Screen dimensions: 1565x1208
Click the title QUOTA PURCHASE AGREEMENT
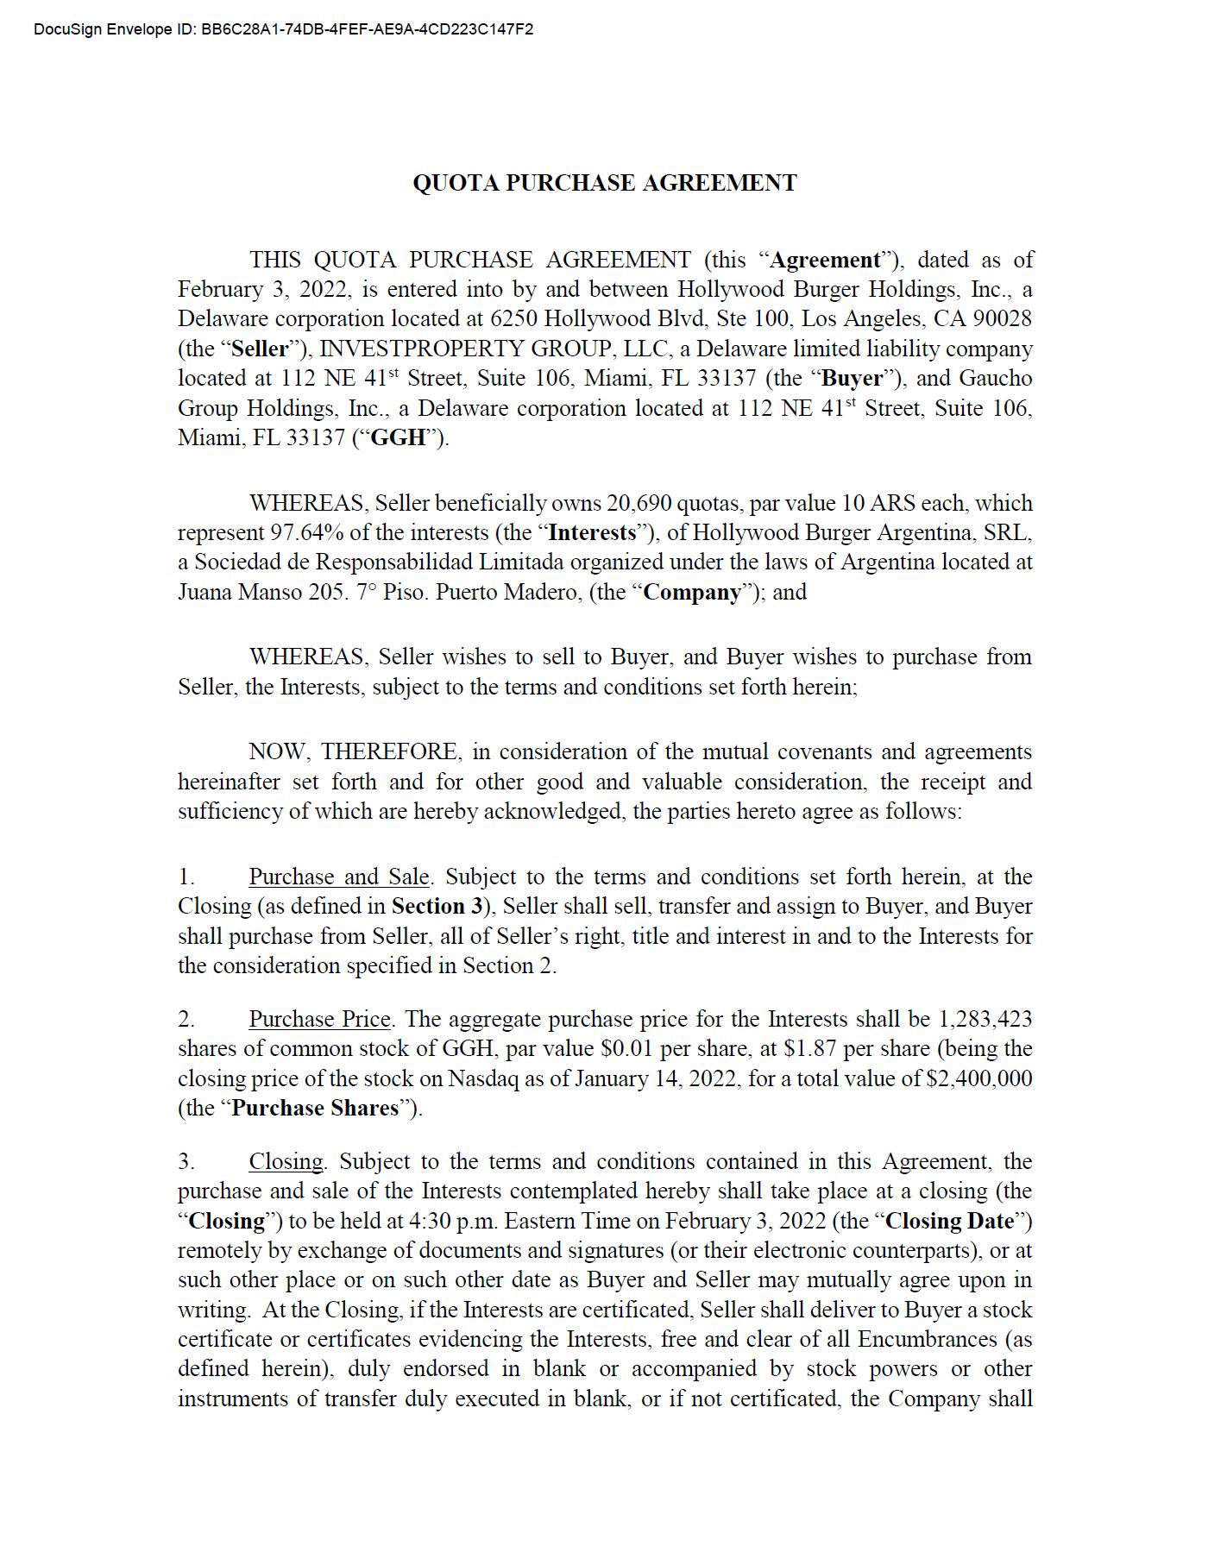[x=604, y=183]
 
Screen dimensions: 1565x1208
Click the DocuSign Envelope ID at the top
[x=283, y=29]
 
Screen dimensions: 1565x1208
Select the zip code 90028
[x=1002, y=318]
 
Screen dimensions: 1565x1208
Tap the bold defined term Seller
[x=260, y=349]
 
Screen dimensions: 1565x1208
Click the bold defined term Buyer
[x=853, y=378]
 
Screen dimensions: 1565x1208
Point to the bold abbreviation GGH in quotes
[x=398, y=437]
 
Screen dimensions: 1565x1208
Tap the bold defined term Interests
[x=592, y=532]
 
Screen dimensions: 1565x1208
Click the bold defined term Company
[x=693, y=592]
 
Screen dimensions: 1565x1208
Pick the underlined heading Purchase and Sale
[x=338, y=877]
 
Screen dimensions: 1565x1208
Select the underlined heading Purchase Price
[x=319, y=1019]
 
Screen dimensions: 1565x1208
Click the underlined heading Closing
[x=286, y=1161]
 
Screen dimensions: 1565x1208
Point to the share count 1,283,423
[x=985, y=1019]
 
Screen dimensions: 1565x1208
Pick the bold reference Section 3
[x=436, y=906]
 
